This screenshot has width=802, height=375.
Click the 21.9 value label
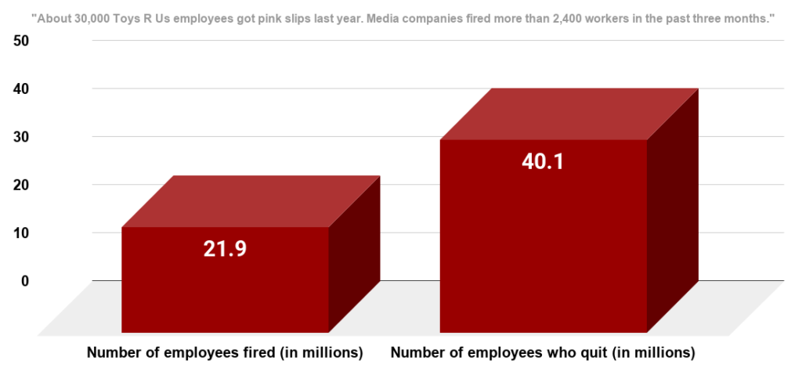point(225,248)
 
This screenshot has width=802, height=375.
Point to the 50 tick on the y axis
point(21,41)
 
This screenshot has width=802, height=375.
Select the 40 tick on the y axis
point(21,88)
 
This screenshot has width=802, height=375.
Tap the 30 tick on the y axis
point(21,137)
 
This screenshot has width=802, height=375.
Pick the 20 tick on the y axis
point(21,185)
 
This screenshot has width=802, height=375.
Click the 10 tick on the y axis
point(21,233)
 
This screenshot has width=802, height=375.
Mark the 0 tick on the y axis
point(24,280)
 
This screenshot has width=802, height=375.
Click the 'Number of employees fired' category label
point(225,353)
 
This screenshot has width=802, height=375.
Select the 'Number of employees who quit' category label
point(543,353)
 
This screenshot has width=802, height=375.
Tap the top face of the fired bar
point(251,201)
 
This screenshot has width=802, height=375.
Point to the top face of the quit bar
point(569,114)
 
